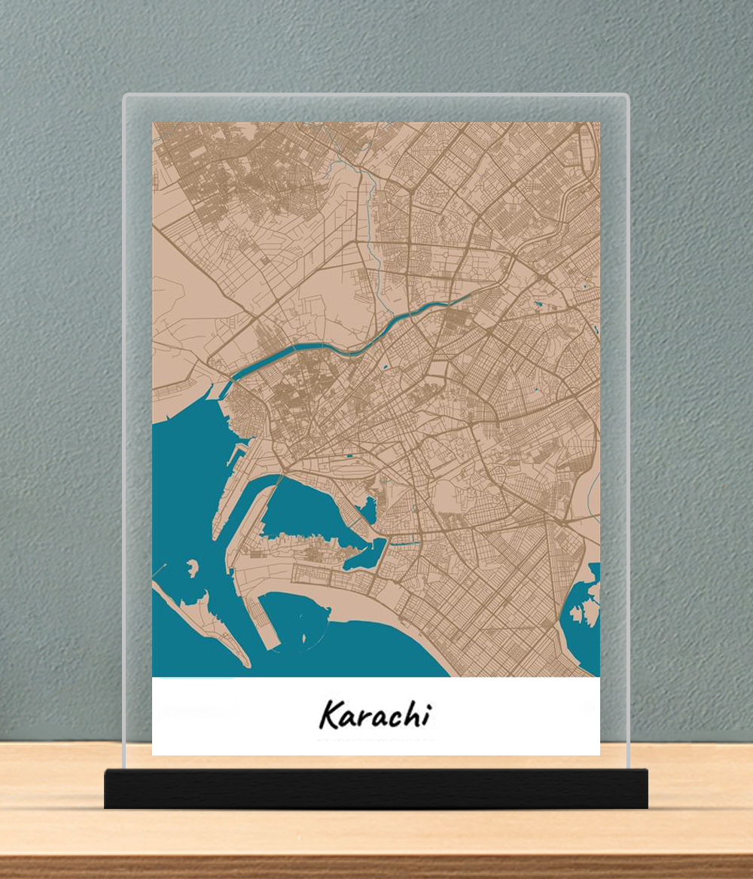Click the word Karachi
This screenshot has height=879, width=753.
[374, 714]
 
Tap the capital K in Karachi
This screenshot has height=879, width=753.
[329, 715]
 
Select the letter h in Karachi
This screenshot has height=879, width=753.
[410, 714]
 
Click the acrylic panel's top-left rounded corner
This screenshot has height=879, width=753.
[127, 99]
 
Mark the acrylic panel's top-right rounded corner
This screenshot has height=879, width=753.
[624, 99]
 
